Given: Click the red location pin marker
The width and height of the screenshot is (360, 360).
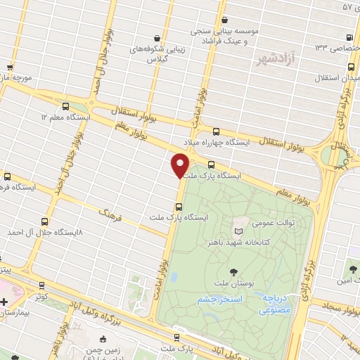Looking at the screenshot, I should point(181,166).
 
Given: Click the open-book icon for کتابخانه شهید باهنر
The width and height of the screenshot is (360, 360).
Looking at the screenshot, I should point(238,231).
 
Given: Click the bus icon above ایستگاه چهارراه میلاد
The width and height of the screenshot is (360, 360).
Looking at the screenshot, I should point(215,131).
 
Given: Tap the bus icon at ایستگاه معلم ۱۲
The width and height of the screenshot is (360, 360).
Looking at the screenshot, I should point(65,106).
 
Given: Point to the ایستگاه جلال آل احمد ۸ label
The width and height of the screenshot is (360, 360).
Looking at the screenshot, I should point(43,231).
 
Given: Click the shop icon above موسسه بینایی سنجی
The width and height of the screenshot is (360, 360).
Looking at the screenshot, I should point(224,20).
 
